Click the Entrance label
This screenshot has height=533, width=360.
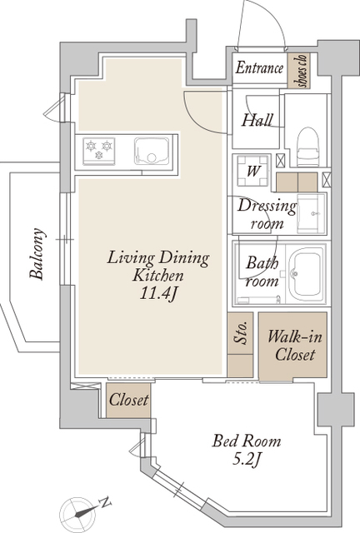[x=259, y=67]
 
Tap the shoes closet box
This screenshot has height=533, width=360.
[x=298, y=71]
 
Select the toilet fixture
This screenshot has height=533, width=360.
[x=308, y=147]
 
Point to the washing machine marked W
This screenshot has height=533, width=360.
[x=252, y=171]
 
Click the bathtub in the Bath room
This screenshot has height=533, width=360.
[x=306, y=273]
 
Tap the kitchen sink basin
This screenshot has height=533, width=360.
[x=152, y=151]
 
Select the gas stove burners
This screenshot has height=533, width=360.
[x=98, y=151]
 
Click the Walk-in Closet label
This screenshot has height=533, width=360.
[x=295, y=346]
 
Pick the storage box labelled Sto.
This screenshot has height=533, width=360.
[x=240, y=344]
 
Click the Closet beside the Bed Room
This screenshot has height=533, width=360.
[x=128, y=401]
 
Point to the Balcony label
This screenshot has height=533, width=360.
[x=37, y=253]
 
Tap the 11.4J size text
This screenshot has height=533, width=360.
[x=157, y=294]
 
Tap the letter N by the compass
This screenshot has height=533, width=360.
[x=105, y=502]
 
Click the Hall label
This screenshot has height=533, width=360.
[x=257, y=120]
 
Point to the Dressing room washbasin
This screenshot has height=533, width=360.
[x=311, y=213]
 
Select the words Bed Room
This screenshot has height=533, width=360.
[x=247, y=441]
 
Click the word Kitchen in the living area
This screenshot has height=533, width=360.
[x=158, y=276]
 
